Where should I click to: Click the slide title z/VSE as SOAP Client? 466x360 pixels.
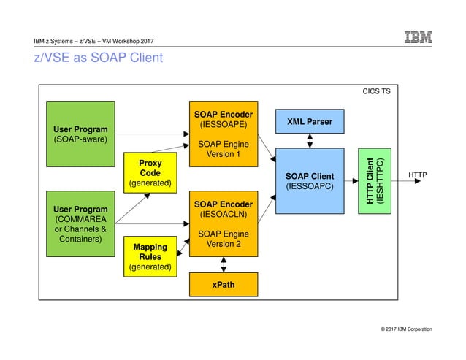click(98, 57)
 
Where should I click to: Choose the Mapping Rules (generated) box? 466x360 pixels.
click(150, 257)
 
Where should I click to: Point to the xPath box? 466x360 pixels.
click(224, 284)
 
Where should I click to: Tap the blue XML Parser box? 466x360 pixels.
click(310, 122)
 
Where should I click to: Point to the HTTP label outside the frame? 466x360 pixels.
click(418, 176)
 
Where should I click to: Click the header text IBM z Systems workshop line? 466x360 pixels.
click(93, 39)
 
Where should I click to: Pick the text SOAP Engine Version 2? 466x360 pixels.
click(224, 239)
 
